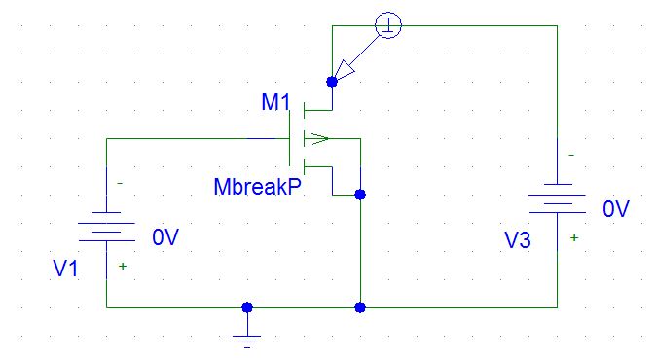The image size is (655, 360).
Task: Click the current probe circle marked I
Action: coord(387,26)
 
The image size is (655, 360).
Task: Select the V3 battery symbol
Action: coord(556,200)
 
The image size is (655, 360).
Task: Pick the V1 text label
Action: coord(65,270)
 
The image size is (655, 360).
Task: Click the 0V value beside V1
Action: coord(165,236)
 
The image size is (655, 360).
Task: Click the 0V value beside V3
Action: coord(616,209)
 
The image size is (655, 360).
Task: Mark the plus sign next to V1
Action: coord(123,266)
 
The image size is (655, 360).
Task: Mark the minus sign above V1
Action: coord(120,183)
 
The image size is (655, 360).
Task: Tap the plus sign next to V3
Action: coord(573,237)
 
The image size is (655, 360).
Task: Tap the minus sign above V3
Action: coord(571,155)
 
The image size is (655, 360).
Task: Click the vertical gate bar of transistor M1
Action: coord(290,138)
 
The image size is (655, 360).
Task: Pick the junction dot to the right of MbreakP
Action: coord(360,195)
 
